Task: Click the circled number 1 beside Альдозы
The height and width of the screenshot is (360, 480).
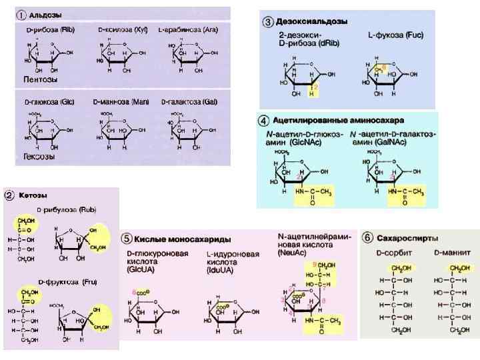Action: coord(21,13)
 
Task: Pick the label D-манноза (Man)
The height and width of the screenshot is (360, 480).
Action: coord(124,101)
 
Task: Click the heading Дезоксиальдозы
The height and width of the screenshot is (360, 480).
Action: coord(309,21)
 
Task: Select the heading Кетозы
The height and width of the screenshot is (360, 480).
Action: coord(33,195)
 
